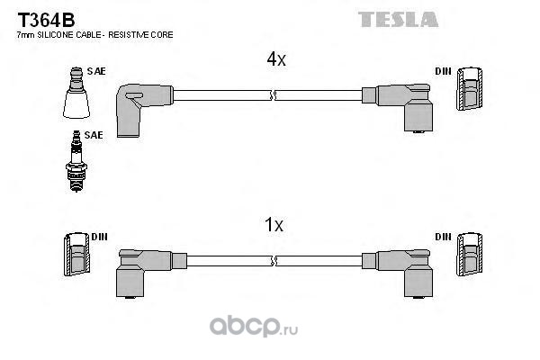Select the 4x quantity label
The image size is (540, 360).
275,59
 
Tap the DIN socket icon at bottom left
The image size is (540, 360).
76,255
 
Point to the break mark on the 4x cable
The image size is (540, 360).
272,93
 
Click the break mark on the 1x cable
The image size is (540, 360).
272,259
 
